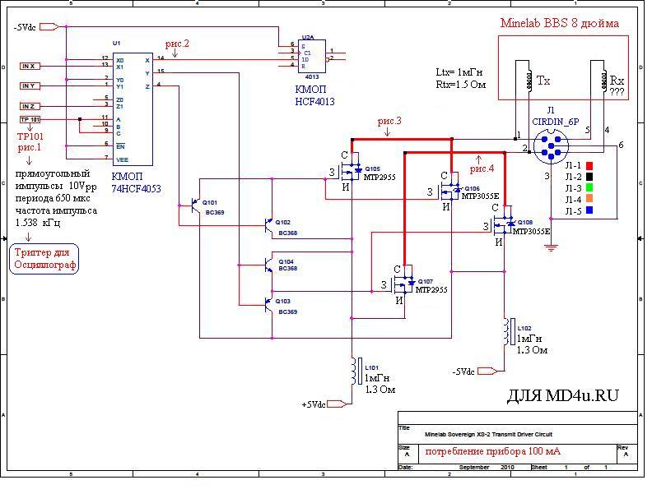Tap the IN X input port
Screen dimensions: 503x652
pyautogui.click(x=29, y=66)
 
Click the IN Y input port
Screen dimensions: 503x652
pyautogui.click(x=29, y=85)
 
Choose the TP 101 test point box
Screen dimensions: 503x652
pyautogui.click(x=29, y=119)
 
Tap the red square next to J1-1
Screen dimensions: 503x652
pyautogui.click(x=589, y=165)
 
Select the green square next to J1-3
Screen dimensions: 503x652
pyautogui.click(x=589, y=188)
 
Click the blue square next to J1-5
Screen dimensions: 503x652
pyautogui.click(x=589, y=211)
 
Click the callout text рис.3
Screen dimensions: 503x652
pyautogui.click(x=389, y=122)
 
